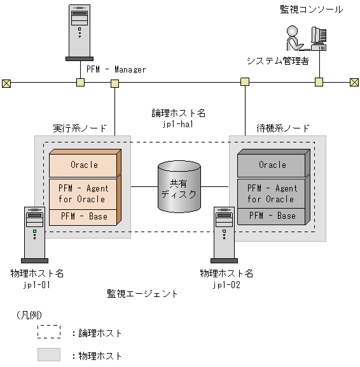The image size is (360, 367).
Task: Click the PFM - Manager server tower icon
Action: tap(80, 32)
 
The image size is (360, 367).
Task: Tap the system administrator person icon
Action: tap(294, 38)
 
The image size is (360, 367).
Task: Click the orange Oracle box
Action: tap(84, 165)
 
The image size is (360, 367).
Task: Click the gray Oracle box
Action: tap(272, 165)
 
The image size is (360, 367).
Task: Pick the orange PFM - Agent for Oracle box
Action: tap(84, 193)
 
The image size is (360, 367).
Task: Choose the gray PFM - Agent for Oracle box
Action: tap(272, 193)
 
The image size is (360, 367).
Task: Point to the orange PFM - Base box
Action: tap(84, 216)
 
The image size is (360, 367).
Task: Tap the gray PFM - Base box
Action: tap(272, 216)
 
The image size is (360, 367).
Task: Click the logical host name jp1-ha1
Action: tap(178, 125)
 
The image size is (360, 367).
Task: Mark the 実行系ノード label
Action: tap(80, 128)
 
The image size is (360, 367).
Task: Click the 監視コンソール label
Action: tap(311, 9)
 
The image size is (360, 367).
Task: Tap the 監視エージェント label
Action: tap(142, 294)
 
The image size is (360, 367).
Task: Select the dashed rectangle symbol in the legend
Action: tap(49, 332)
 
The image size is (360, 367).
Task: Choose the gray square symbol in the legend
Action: tap(49, 355)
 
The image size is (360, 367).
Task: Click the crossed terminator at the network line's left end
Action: tap(6, 82)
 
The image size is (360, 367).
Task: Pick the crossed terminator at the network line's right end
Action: tap(354, 82)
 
